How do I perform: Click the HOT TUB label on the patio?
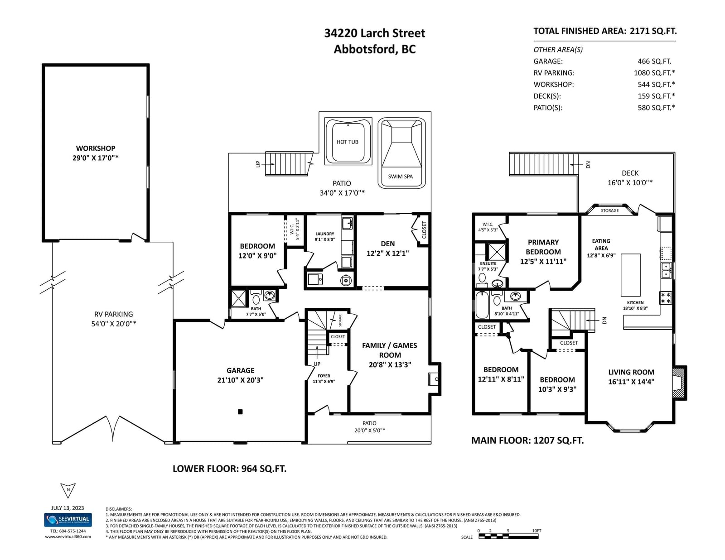[347, 142]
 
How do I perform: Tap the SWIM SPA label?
[400, 177]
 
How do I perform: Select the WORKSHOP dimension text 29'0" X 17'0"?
[96, 158]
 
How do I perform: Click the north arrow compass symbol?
[68, 490]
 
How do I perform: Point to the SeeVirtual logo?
[68, 520]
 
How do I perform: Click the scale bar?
[508, 536]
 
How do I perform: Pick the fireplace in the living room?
[679, 383]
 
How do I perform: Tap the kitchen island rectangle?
[630, 275]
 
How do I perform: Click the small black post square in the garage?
[240, 412]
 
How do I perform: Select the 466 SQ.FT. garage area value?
[654, 61]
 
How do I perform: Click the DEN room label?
[388, 244]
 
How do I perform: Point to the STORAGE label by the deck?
[609, 211]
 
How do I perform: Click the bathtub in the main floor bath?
[482, 305]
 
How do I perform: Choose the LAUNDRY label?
[324, 234]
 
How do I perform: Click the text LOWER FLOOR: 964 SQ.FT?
[230, 469]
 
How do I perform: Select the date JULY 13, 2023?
[68, 508]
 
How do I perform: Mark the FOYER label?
[324, 376]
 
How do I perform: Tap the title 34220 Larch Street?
[375, 34]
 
